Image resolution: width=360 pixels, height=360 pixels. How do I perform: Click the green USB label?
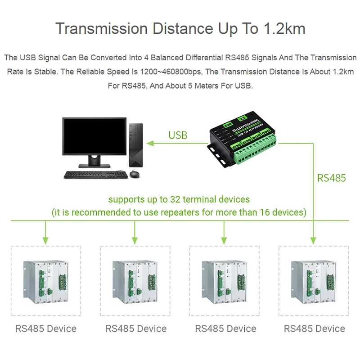(178, 135)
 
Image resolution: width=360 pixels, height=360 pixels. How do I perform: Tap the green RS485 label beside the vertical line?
(331, 178)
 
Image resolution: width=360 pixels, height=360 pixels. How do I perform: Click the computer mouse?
(135, 174)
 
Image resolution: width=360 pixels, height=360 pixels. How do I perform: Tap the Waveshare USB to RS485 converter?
(243, 142)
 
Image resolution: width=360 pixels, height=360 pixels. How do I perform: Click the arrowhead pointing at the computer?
(152, 144)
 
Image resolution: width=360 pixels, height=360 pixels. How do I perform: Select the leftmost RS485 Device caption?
(46, 329)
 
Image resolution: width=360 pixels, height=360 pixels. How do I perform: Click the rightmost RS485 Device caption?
(314, 329)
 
